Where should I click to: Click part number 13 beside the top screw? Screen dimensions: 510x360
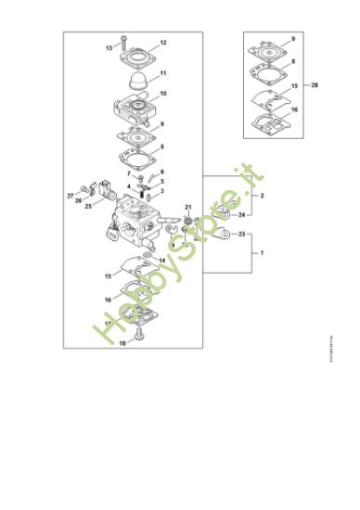coord(109,47)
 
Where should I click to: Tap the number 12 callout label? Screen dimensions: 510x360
coord(163,43)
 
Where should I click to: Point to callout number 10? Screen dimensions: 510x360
coord(163,94)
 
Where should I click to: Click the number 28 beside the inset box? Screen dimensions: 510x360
coord(315,84)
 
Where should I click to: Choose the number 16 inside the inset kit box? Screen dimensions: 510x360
coord(294,109)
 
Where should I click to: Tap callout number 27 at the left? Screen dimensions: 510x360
coord(70,196)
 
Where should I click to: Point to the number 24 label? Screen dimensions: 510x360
coord(241,214)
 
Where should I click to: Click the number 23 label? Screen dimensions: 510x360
coord(241,236)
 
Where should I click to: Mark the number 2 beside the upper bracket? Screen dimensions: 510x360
coord(263,197)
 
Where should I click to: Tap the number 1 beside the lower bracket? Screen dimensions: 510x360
coord(262,252)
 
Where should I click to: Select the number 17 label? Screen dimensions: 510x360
coord(108,324)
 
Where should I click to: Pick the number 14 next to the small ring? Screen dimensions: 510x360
coord(163,260)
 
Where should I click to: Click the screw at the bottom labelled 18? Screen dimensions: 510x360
coord(141,335)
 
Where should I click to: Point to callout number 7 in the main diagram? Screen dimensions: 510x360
coord(128,173)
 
